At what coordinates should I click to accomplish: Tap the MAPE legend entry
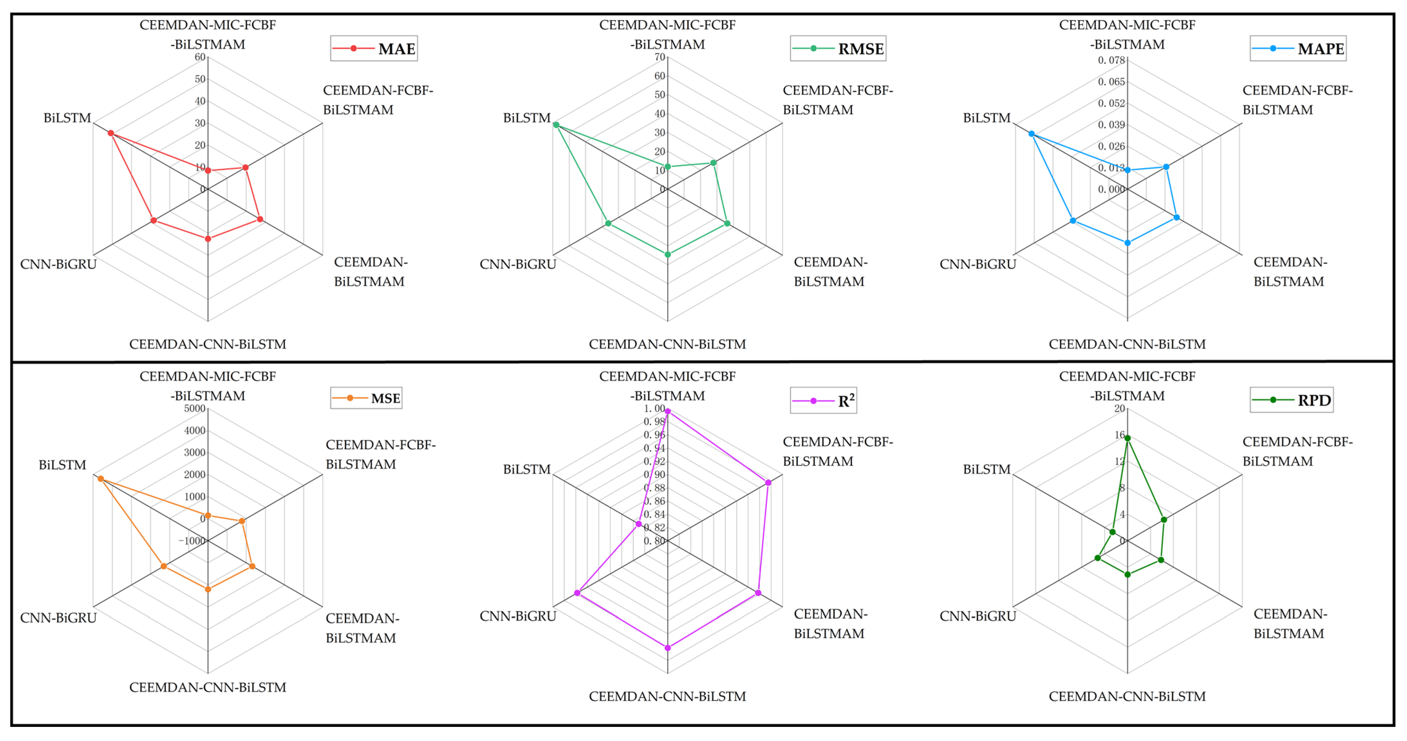[x=1298, y=49]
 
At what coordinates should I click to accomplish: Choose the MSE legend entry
[x=366, y=398]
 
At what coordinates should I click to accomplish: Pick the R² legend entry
[x=823, y=401]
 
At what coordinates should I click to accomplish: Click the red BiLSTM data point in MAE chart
[x=111, y=133]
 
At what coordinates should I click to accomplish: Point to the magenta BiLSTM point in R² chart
[x=638, y=524]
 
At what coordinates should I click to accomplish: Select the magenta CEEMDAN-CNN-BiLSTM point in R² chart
[x=667, y=648]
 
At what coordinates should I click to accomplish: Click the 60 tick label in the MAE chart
[x=200, y=57]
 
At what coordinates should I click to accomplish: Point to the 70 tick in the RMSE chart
[x=660, y=57]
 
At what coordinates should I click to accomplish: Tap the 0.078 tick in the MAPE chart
[x=1112, y=60]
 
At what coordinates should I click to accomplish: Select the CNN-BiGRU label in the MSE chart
[x=59, y=617]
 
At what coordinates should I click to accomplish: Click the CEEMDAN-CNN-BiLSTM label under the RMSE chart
[x=667, y=344]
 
